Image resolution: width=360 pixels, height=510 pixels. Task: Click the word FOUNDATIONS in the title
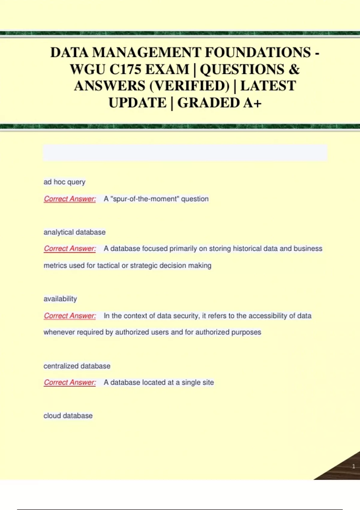click(258, 52)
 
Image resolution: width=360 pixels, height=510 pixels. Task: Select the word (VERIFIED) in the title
click(189, 86)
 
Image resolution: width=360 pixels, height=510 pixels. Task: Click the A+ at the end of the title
click(252, 103)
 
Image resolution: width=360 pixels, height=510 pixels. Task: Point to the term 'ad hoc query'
click(64, 182)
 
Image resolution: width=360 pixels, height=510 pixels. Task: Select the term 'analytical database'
click(74, 232)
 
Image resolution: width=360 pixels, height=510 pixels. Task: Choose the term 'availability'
click(60, 299)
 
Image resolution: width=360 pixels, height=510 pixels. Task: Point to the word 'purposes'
click(247, 332)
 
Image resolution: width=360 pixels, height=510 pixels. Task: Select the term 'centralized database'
click(77, 366)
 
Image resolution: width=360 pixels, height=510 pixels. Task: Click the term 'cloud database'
click(68, 416)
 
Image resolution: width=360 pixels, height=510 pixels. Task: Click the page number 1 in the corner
click(353, 466)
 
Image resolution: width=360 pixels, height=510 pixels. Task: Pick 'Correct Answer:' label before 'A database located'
click(70, 382)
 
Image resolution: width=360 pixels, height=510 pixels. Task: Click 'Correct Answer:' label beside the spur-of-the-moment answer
click(70, 199)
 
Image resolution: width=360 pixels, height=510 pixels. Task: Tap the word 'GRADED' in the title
click(208, 103)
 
